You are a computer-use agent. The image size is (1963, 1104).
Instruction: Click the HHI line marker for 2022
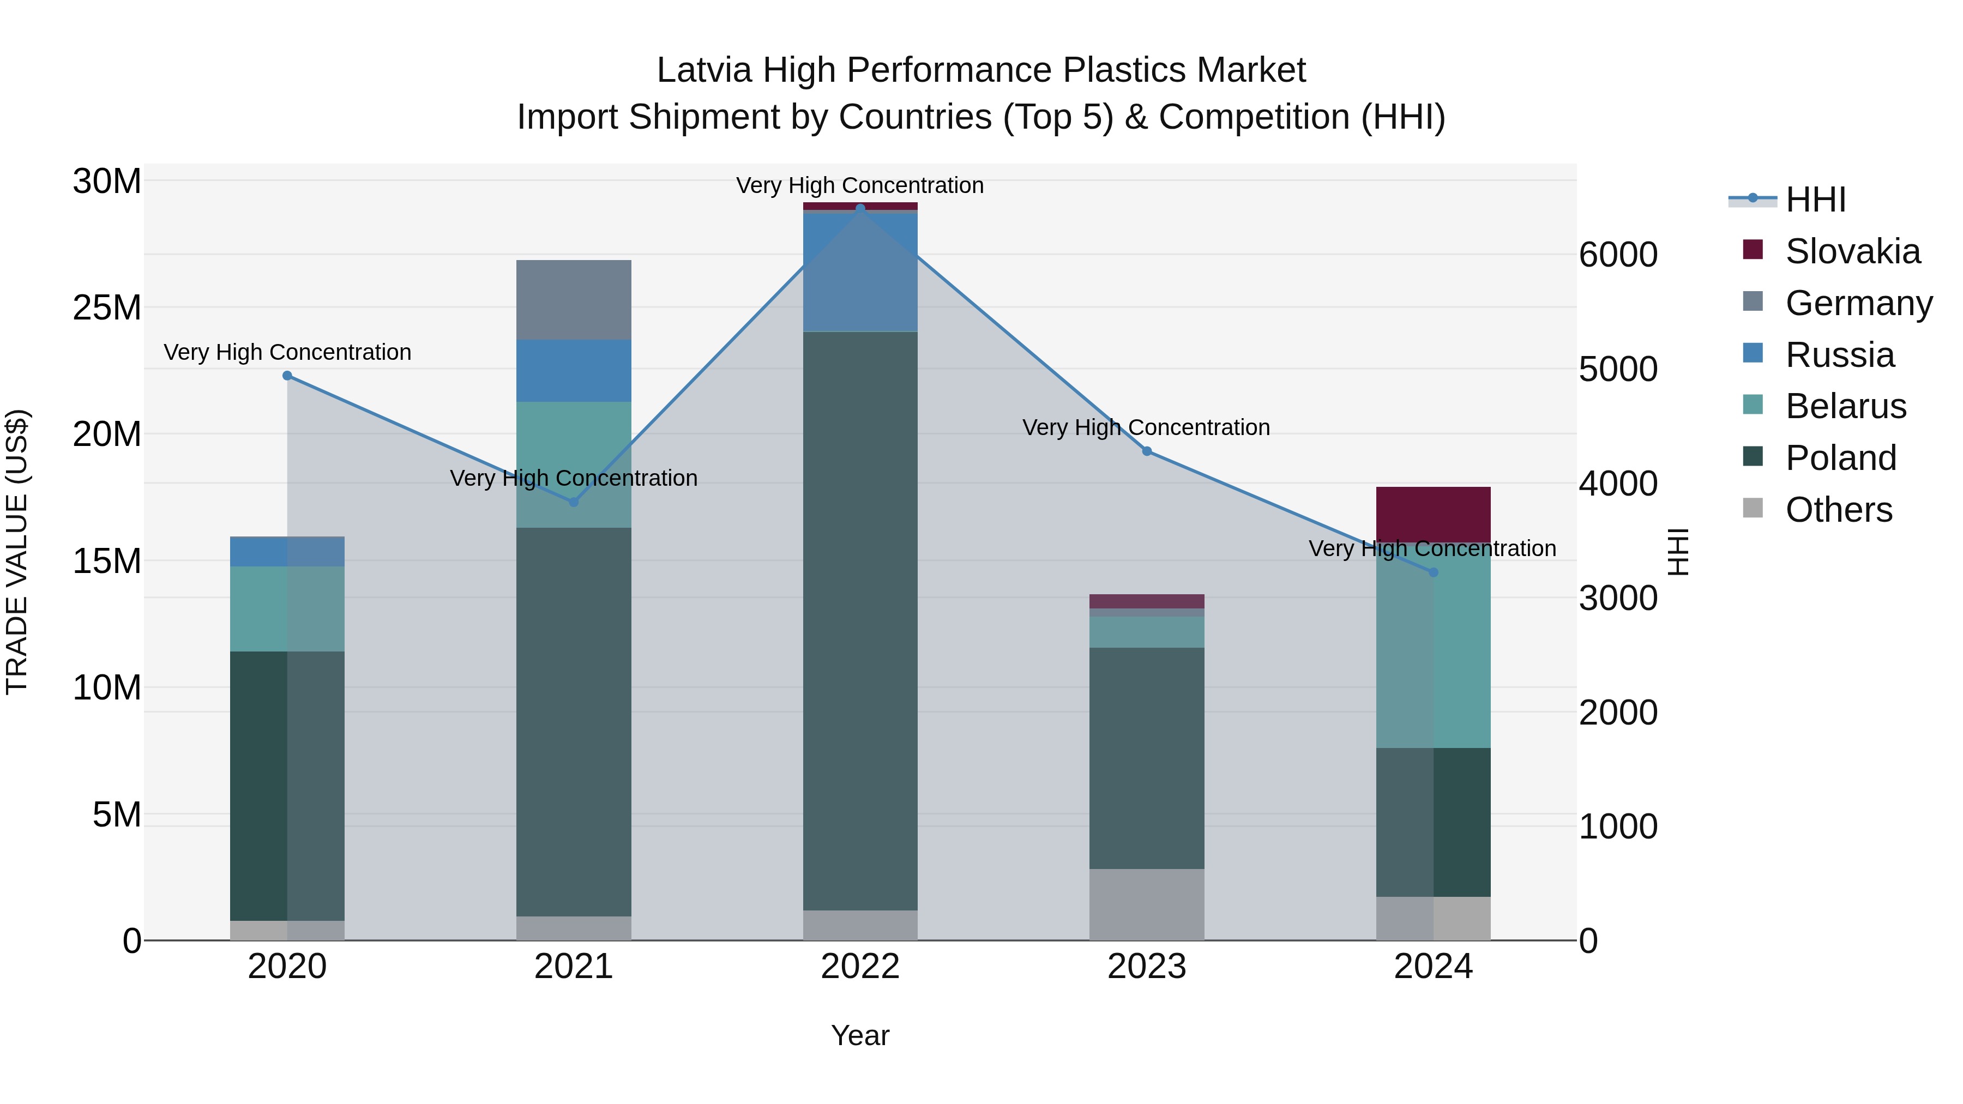(x=860, y=208)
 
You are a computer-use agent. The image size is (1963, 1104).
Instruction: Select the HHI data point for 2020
(x=287, y=376)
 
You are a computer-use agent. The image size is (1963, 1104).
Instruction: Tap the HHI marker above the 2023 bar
(x=1147, y=451)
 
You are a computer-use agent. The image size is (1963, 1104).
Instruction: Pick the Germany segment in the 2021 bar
(x=574, y=299)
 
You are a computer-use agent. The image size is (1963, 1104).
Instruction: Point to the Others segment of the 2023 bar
(x=1147, y=904)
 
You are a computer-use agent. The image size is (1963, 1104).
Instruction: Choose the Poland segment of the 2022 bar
(x=860, y=621)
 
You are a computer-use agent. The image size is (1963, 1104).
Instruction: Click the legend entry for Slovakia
(x=1852, y=251)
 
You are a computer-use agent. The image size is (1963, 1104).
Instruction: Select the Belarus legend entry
(x=1845, y=406)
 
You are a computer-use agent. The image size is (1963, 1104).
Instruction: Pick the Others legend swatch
(x=1753, y=508)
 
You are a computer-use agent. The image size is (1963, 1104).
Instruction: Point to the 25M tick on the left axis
(x=107, y=308)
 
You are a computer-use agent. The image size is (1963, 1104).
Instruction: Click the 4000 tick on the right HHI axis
(x=1618, y=484)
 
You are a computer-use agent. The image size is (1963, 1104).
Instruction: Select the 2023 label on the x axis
(x=1147, y=967)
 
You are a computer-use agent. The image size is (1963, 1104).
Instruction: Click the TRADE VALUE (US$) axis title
(x=17, y=552)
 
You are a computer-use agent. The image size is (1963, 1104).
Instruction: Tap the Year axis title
(x=860, y=1035)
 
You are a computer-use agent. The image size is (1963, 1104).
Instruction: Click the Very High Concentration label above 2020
(x=287, y=352)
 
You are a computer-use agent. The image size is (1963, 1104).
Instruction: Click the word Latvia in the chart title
(x=703, y=70)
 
